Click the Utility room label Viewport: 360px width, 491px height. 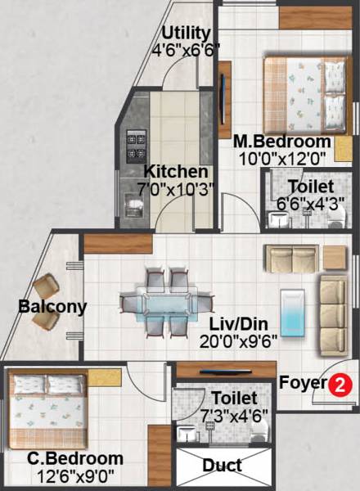[x=187, y=33]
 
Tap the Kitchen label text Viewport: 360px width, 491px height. [x=176, y=172]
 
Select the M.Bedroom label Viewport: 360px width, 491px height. [x=282, y=140]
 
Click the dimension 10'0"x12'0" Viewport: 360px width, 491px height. [x=282, y=157]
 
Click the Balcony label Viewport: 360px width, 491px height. [x=43, y=307]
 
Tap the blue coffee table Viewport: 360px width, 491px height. [x=294, y=311]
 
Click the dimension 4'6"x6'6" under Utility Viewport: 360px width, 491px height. [x=187, y=49]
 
